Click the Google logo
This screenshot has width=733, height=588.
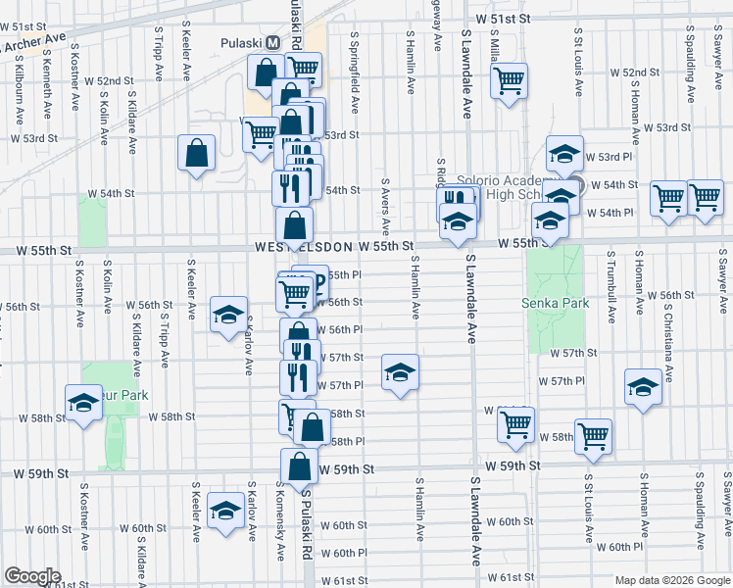point(32,576)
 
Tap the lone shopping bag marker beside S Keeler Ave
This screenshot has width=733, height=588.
point(196,153)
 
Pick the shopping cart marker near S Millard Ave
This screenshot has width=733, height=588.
point(510,80)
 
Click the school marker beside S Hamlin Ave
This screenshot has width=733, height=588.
point(399,372)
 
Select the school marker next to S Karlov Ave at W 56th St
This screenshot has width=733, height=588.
point(228,315)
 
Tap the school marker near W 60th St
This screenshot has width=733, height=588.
point(226,512)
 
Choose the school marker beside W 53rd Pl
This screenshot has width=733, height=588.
point(564,153)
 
